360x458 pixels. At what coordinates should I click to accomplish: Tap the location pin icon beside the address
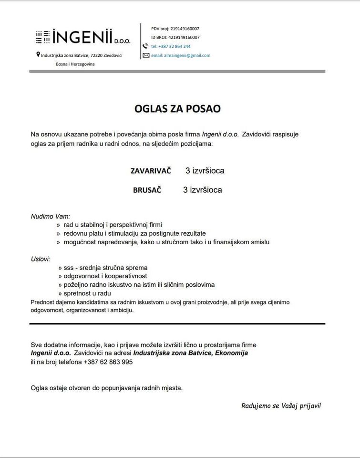pos(38,55)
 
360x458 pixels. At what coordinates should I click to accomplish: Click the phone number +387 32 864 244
pos(171,46)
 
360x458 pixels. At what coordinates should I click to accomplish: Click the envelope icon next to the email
pos(146,55)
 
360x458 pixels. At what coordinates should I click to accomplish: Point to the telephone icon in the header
pos(146,46)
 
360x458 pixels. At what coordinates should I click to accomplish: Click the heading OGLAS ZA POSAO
pos(177,109)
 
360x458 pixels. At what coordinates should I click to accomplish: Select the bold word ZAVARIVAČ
pos(151,171)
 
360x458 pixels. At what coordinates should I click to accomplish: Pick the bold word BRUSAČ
pos(147,190)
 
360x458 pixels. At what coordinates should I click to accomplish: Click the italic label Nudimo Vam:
pos(51,216)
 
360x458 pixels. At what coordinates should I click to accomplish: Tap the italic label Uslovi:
pos(41,259)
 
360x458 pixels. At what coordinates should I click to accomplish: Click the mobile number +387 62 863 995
pos(108,362)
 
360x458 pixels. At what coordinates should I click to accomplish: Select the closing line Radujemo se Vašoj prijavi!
pos(281,406)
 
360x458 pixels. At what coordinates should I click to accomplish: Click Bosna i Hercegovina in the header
pos(75,64)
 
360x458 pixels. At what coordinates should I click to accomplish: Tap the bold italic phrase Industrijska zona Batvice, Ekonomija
pos(191,353)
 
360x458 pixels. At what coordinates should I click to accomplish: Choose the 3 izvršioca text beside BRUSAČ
pos(202,190)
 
